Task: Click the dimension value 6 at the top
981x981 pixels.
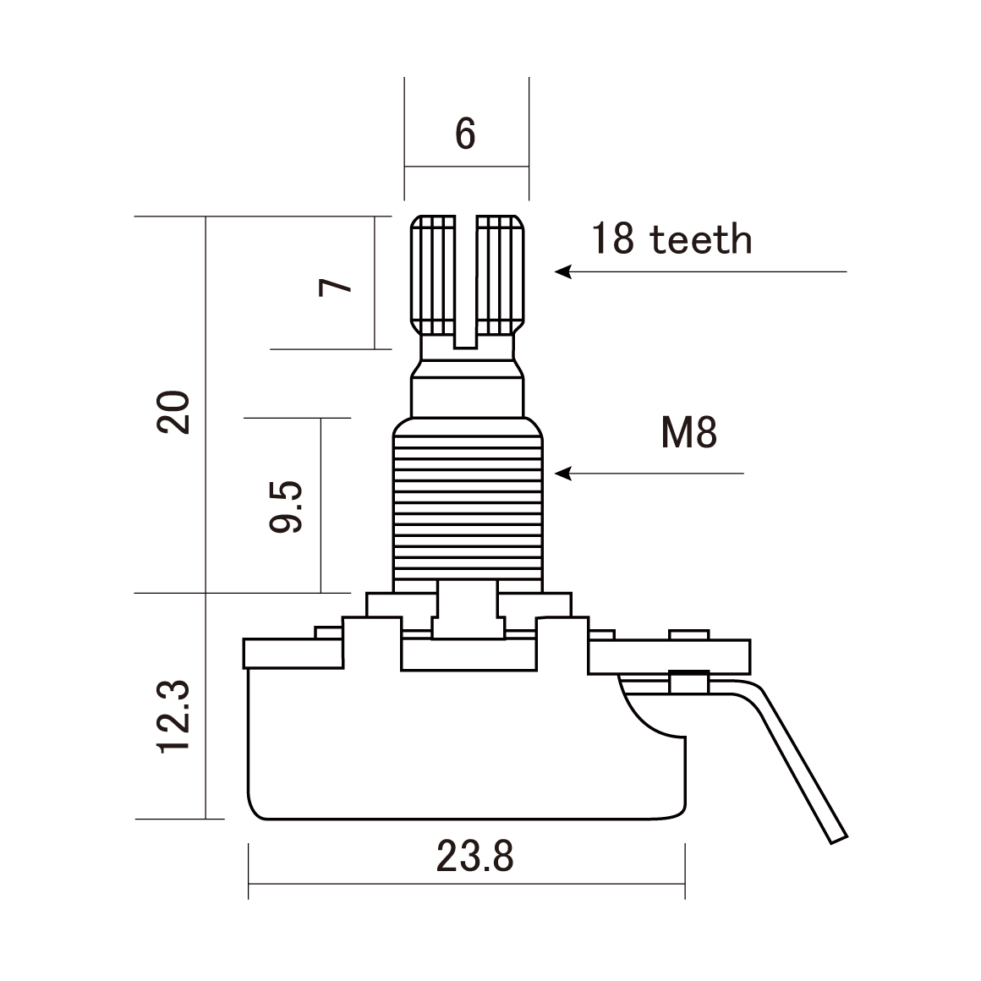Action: coord(466,133)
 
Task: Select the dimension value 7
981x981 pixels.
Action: coord(336,285)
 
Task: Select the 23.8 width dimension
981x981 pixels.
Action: coord(475,858)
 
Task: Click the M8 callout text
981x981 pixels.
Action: coord(689,434)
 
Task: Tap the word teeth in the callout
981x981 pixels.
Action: coord(700,239)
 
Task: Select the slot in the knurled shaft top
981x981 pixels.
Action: coord(466,279)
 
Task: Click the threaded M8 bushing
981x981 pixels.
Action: coord(467,507)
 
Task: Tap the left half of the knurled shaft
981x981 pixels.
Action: coord(433,275)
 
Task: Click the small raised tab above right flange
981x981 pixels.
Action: coord(688,634)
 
